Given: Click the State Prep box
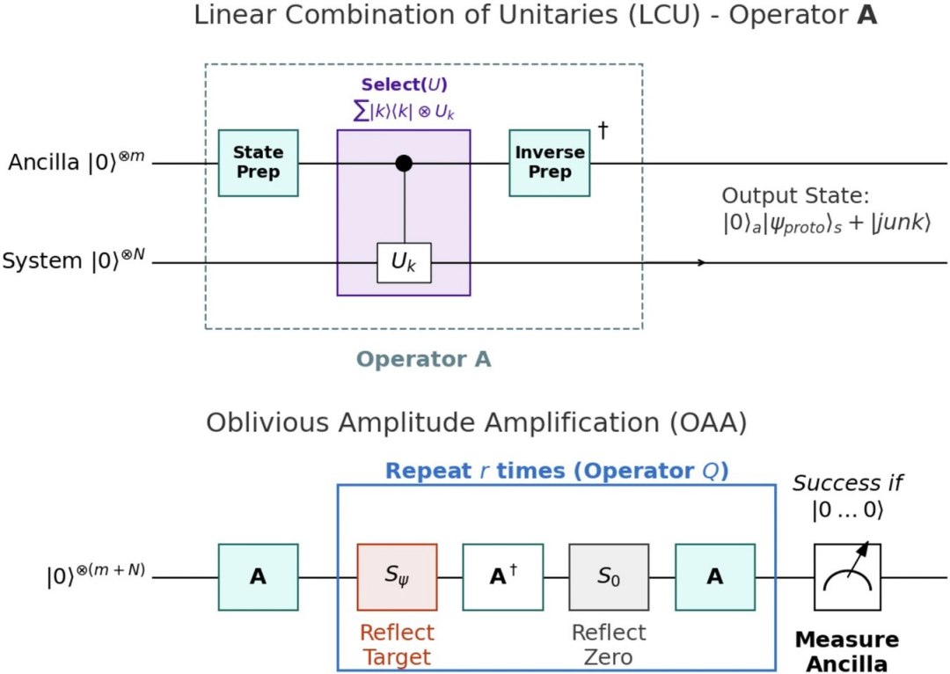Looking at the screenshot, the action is (258, 163).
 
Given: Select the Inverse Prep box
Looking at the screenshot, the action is (550, 163).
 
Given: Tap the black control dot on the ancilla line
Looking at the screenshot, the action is (404, 163).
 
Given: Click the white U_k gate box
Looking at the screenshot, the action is (404, 263).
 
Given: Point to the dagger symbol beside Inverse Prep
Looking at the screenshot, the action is (603, 129).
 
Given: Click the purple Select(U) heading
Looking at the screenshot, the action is (404, 84).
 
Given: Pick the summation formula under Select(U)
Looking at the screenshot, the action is (404, 112).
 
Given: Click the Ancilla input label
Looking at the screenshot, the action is (77, 161).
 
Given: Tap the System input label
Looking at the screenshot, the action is (74, 260).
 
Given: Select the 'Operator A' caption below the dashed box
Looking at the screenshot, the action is (423, 359).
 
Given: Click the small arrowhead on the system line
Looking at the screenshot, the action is (701, 262).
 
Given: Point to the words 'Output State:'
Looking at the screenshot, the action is (795, 195).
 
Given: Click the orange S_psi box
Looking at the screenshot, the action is (397, 577).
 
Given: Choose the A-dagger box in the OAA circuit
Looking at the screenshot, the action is (503, 577).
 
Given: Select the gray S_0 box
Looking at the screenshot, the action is (609, 577).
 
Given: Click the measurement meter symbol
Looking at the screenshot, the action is (847, 577).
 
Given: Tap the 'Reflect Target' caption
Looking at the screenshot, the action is (397, 645).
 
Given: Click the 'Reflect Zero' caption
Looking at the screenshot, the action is (609, 645).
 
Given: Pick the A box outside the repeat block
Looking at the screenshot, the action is (258, 577).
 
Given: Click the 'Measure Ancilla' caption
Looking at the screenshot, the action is (847, 652).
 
